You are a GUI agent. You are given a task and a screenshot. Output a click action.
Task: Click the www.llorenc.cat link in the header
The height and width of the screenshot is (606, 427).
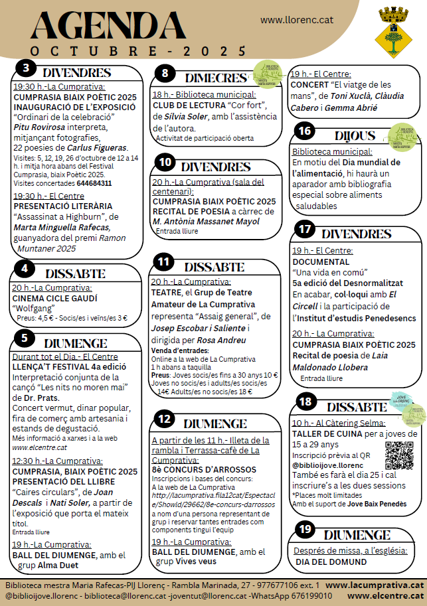pyautogui.click(x=296, y=21)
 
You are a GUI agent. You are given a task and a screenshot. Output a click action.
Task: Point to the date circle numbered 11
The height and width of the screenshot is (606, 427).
pyautogui.click(x=163, y=262)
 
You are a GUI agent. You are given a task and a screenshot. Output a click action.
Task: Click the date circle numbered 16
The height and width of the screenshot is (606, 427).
pyautogui.click(x=305, y=131)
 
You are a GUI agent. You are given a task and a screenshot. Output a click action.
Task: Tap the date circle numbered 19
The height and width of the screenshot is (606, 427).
pyautogui.click(x=305, y=528)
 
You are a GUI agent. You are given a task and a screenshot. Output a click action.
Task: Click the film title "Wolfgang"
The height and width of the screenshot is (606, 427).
pyautogui.click(x=33, y=308)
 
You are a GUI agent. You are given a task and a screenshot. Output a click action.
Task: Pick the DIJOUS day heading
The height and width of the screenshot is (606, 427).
pyautogui.click(x=341, y=134)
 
